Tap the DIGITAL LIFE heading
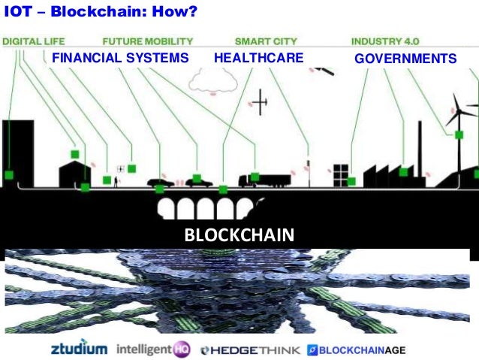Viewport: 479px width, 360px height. [x=34, y=41]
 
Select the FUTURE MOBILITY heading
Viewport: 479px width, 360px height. [x=147, y=41]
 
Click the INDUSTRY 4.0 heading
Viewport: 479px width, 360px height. [x=385, y=41]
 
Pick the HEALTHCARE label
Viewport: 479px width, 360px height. [x=258, y=58]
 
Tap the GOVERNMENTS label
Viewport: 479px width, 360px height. [x=405, y=59]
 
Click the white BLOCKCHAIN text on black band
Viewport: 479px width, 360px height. [x=239, y=234]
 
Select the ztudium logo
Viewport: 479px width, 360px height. [x=80, y=349]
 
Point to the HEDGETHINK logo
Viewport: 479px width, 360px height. [x=251, y=349]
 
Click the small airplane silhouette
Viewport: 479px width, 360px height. [x=260, y=104]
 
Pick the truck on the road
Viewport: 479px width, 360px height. [x=263, y=180]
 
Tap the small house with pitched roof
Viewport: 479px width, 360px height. [x=75, y=173]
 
